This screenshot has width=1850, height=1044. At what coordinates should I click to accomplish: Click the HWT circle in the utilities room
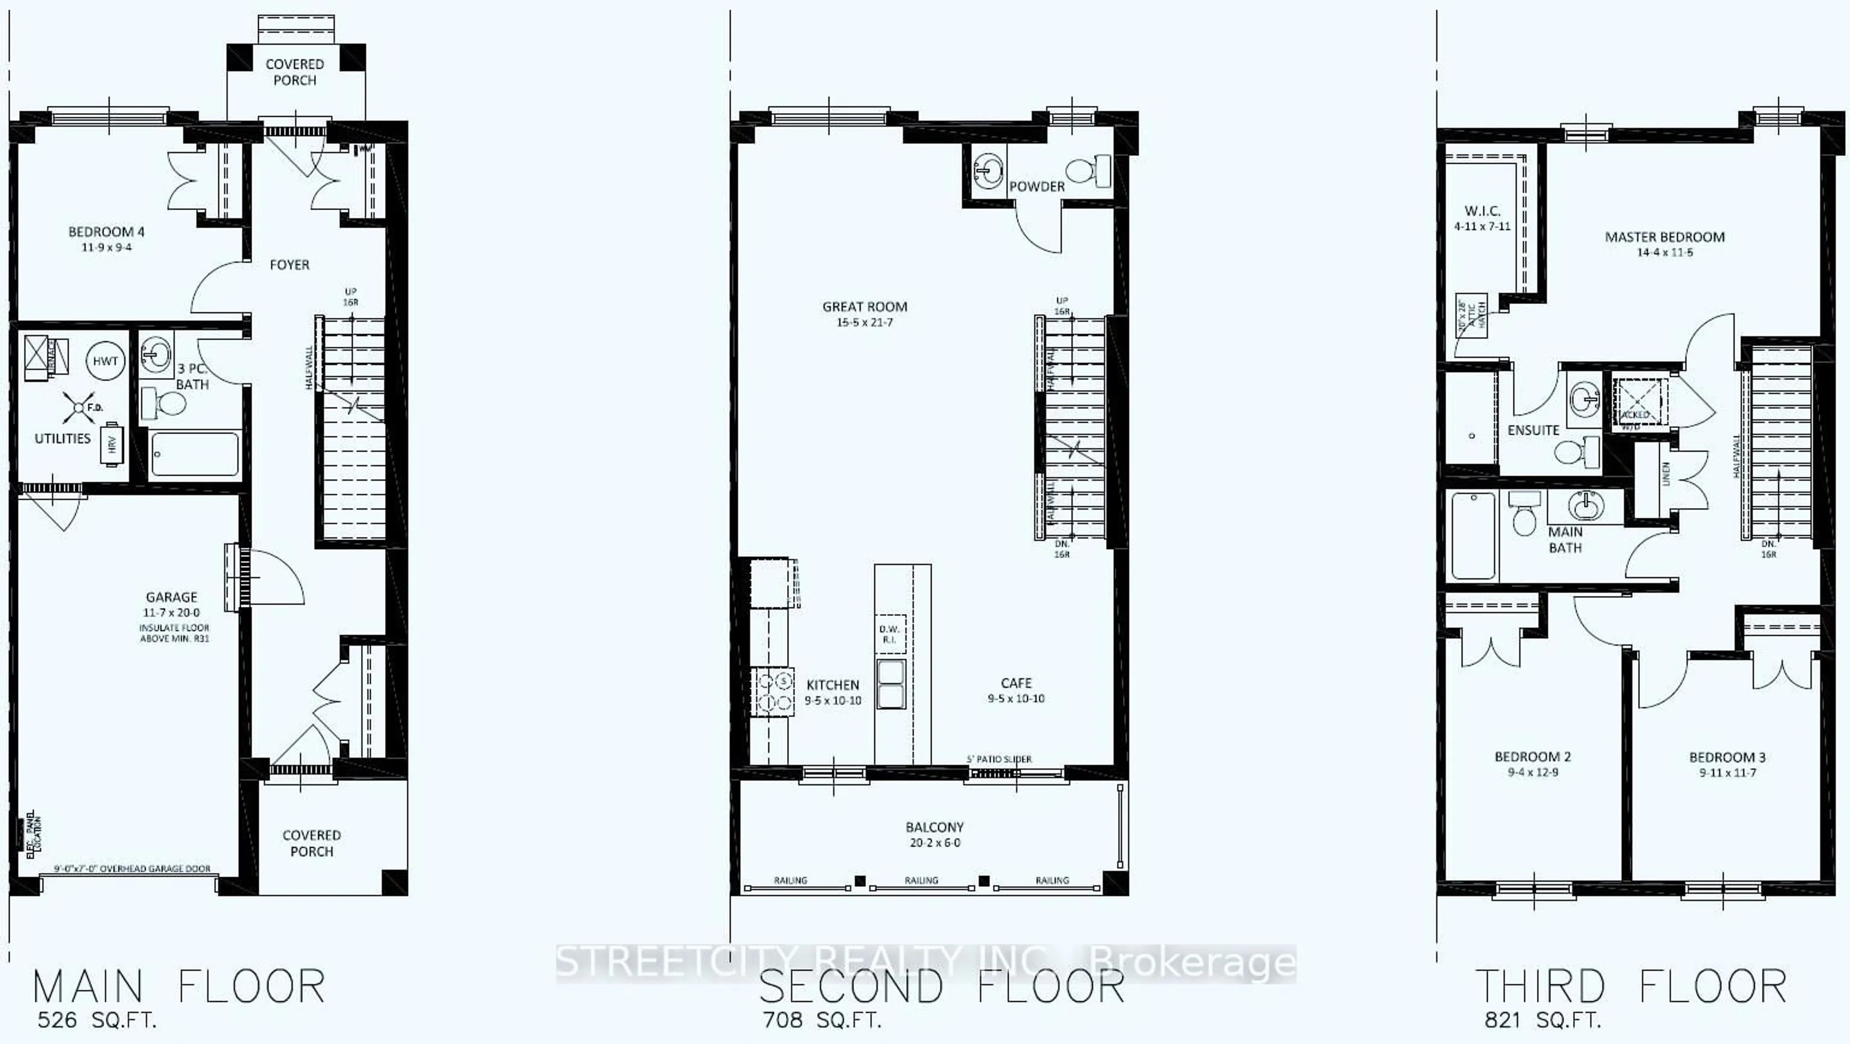point(105,361)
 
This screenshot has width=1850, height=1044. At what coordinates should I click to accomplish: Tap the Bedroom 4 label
point(106,232)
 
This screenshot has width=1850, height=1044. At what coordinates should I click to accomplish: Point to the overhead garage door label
point(132,869)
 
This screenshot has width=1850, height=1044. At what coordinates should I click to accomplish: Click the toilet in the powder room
point(1089,172)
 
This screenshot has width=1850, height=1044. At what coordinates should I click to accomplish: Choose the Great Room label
point(865,307)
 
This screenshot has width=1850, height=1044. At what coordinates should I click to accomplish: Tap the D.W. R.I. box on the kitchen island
point(890,634)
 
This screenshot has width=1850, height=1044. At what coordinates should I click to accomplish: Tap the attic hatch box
point(1471,315)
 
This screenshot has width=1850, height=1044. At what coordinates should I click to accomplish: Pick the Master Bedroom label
point(1665,237)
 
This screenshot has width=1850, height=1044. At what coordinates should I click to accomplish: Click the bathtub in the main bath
point(1473,535)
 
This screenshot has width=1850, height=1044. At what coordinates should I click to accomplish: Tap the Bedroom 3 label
point(1727,757)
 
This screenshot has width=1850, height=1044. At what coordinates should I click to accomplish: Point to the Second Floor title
point(941,987)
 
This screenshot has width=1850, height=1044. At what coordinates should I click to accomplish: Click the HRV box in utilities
point(112,445)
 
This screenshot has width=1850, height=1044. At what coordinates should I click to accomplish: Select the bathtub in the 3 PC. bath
point(195,454)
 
